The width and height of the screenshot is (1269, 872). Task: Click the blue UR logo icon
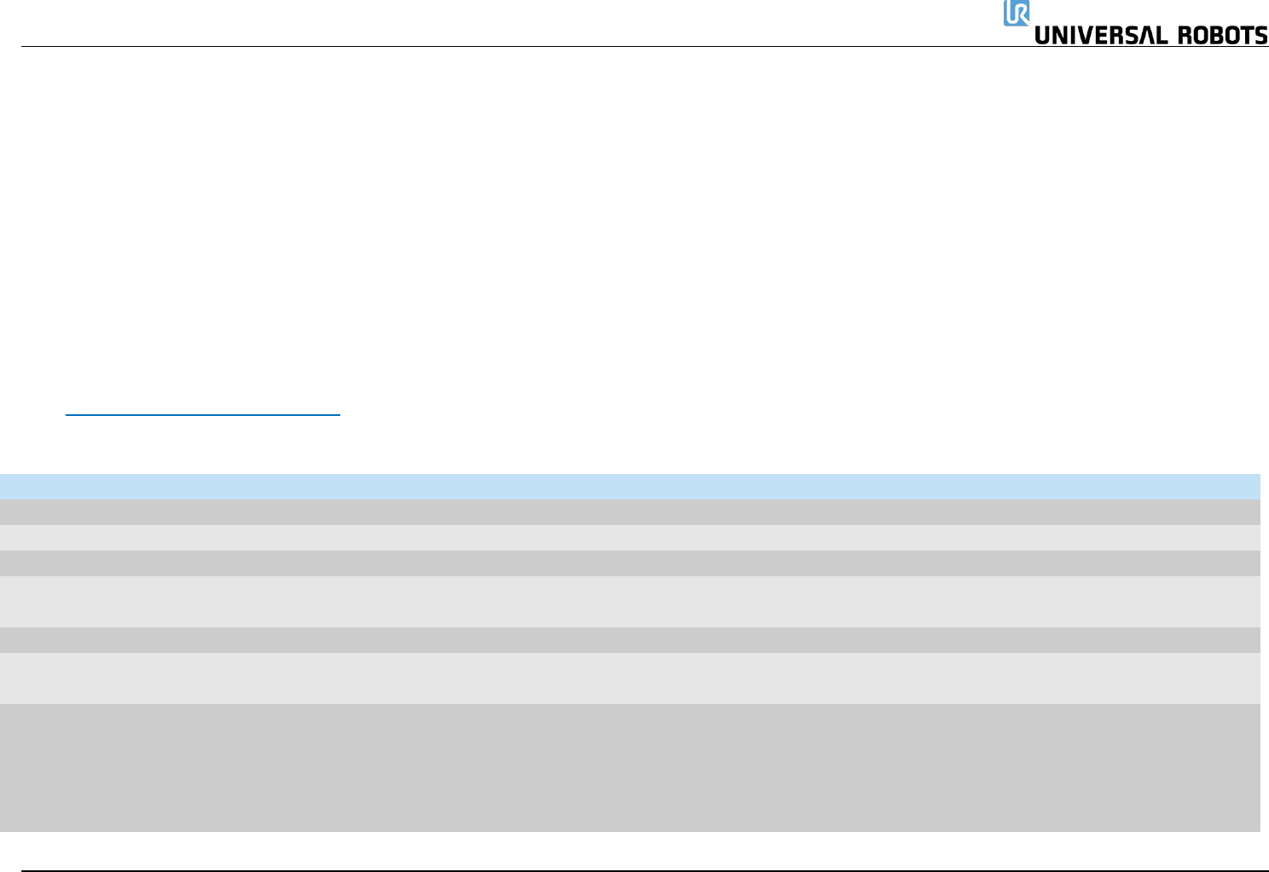(x=1016, y=13)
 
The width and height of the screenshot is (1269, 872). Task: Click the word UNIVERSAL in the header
(x=1101, y=36)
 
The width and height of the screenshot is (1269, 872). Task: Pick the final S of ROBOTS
(x=1260, y=36)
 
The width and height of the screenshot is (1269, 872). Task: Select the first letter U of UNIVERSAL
(x=1042, y=36)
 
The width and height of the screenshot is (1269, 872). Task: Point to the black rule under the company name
(x=512, y=47)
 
